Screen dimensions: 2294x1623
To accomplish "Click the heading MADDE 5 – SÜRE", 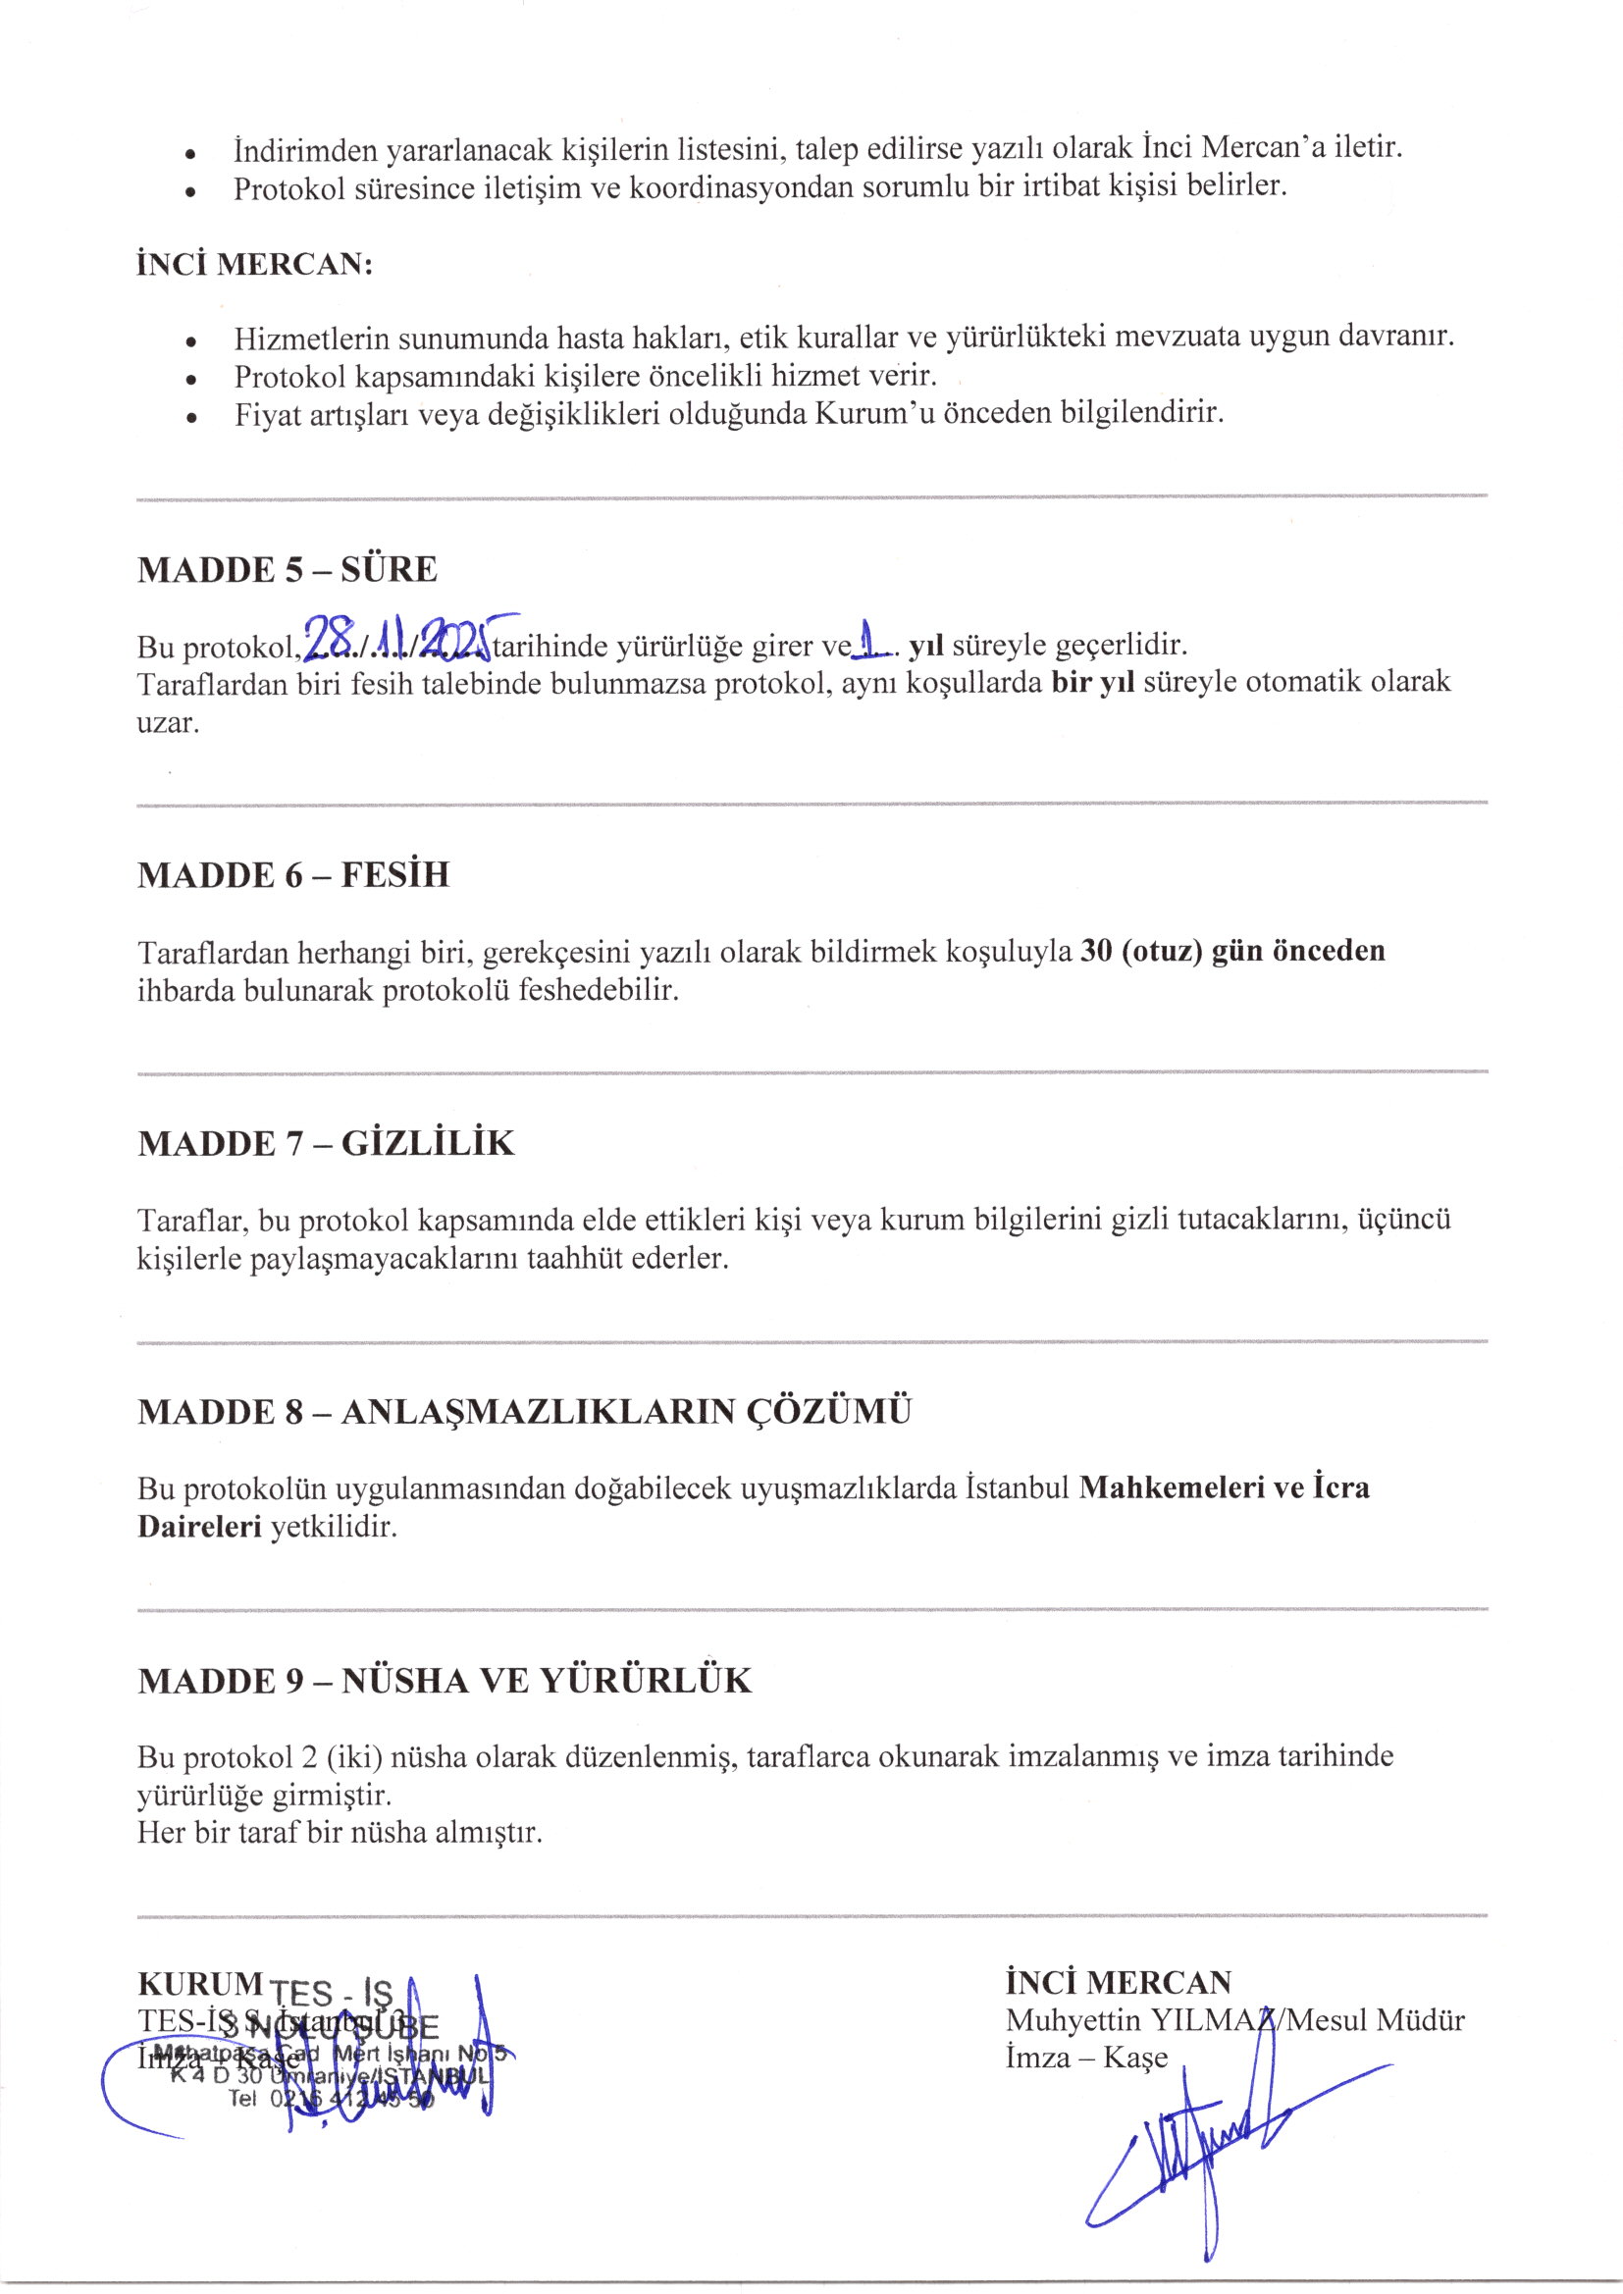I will [287, 569].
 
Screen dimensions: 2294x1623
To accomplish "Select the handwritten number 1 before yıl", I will [872, 640].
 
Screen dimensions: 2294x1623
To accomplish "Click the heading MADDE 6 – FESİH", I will [292, 875].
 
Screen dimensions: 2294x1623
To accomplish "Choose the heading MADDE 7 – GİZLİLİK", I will [326, 1144].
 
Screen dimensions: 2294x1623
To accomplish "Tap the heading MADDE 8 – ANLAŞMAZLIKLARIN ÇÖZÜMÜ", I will [525, 1412].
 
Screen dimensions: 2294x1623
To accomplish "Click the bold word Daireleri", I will [200, 1527].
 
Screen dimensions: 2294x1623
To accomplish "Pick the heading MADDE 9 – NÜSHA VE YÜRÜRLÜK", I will [444, 1682].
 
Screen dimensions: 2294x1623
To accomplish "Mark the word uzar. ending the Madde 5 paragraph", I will [168, 722].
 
